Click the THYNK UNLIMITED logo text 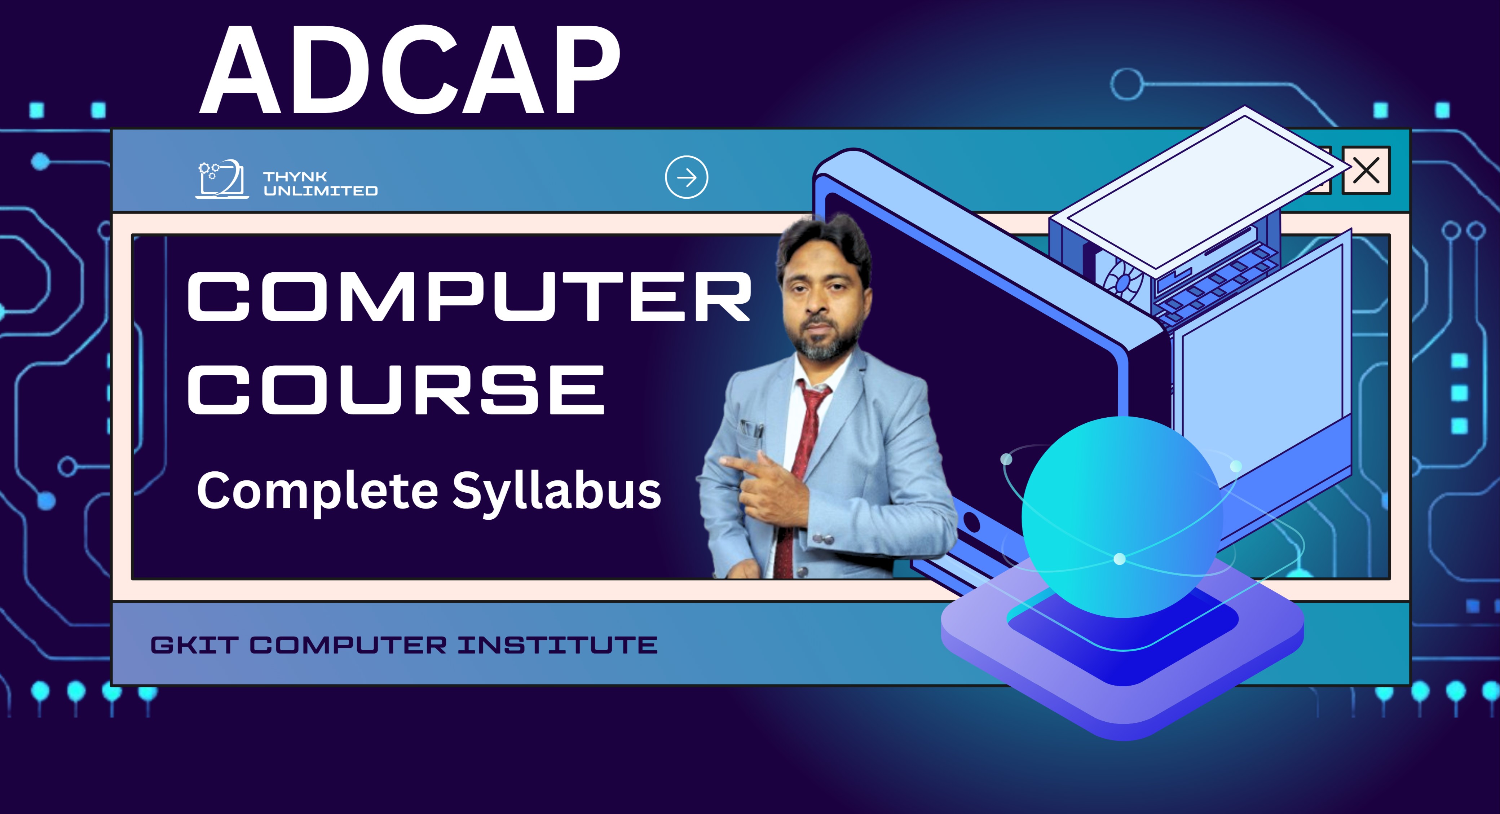coord(320,184)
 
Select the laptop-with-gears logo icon coord(222,179)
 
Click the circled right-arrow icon coord(687,177)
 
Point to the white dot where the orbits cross coord(1119,559)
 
